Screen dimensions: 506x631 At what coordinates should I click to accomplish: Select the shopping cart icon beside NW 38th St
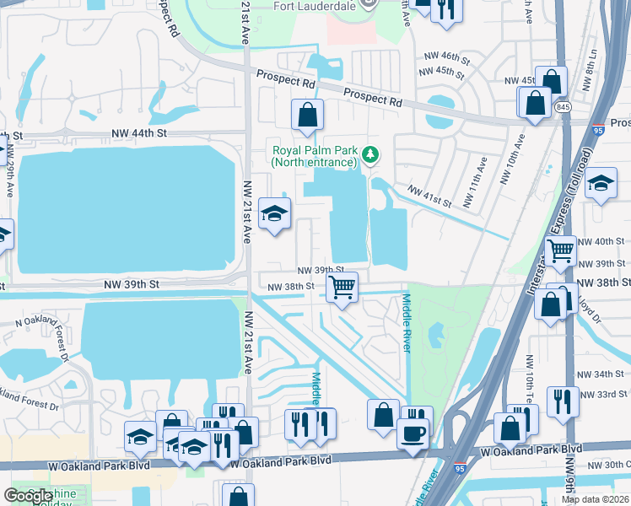pyautogui.click(x=342, y=287)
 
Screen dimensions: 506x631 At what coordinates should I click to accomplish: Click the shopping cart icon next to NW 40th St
pyautogui.click(x=561, y=250)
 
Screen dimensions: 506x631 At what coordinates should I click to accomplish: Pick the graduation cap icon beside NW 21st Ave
pyautogui.click(x=274, y=213)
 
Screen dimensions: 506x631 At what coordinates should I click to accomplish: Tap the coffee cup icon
pyautogui.click(x=413, y=433)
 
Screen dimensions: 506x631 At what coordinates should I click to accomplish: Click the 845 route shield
pyautogui.click(x=564, y=107)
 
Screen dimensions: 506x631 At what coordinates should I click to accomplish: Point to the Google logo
pyautogui.click(x=28, y=497)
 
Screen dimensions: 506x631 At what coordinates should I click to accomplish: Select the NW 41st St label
pyautogui.click(x=429, y=196)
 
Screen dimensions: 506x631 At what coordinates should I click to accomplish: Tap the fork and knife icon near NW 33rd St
pyautogui.click(x=561, y=402)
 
